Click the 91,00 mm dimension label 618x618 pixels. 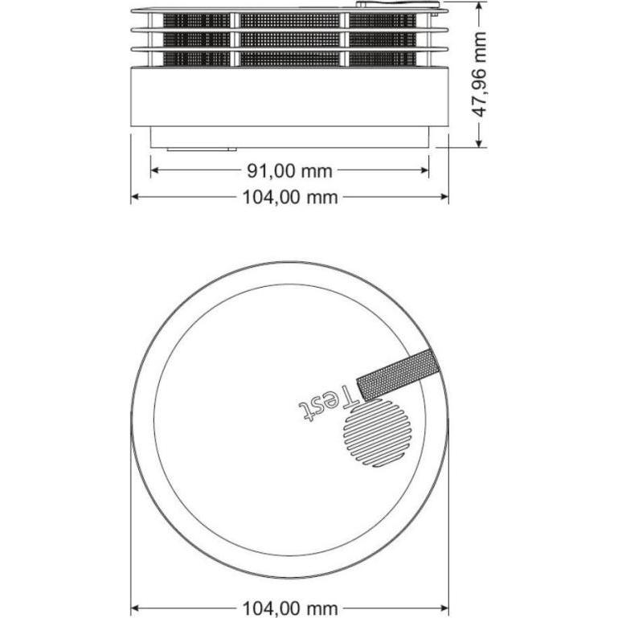(289, 171)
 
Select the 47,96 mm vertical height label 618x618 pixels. (479, 75)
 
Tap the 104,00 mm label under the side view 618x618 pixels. (289, 197)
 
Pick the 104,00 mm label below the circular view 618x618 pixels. (289, 608)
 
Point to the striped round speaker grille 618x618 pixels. (375, 433)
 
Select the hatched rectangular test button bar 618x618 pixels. (398, 374)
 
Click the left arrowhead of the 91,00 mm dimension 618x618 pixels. (154, 170)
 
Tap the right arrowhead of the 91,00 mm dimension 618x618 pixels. (424, 170)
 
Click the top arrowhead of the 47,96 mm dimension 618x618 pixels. (479, 5)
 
